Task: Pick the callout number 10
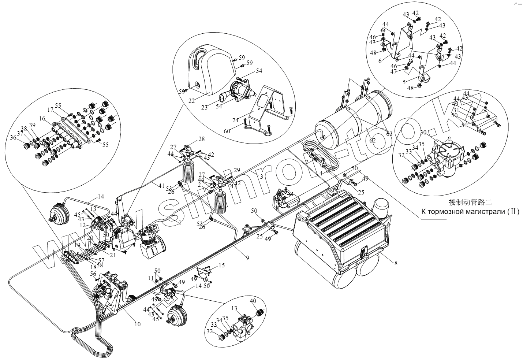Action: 137,324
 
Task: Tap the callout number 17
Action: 50,110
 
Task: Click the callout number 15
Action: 221,265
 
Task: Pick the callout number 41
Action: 162,186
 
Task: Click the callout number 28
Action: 202,139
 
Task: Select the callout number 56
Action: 93,274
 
